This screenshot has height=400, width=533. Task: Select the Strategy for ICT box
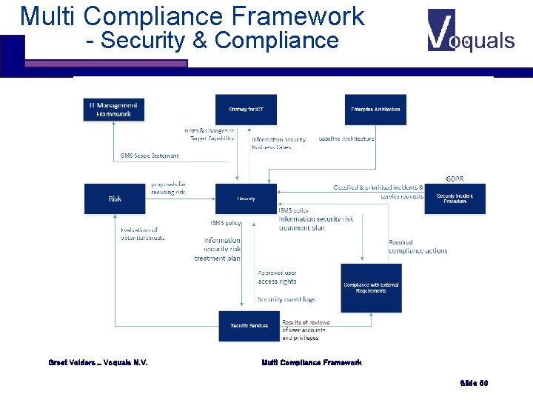(246, 110)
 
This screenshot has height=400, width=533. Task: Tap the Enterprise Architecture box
(375, 110)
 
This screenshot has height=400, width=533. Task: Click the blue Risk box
(115, 199)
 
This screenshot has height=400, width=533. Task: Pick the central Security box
(246, 199)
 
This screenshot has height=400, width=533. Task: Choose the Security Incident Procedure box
(455, 199)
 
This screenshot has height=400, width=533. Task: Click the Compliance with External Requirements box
(371, 287)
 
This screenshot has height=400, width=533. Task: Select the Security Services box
(249, 326)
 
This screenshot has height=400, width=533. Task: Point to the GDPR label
(455, 179)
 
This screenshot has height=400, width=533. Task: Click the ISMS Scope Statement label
(150, 156)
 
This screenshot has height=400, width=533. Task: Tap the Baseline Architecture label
(346, 139)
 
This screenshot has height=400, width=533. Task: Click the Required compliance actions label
(418, 246)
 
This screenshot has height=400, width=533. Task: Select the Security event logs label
(286, 299)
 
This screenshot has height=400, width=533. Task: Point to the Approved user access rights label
(278, 277)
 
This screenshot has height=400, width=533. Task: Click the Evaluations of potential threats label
(142, 234)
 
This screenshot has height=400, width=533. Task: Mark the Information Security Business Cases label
(278, 143)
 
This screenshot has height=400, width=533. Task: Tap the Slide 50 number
(474, 383)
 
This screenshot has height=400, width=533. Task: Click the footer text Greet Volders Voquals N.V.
(98, 362)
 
